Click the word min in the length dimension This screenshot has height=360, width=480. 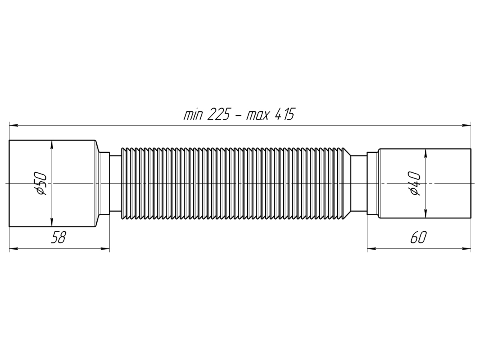[193, 115]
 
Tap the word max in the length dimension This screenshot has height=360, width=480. [257, 116]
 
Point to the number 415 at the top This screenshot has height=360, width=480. [284, 114]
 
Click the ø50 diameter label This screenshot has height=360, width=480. [41, 183]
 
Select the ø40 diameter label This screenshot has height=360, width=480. [415, 184]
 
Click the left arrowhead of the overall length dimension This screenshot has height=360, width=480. [14, 126]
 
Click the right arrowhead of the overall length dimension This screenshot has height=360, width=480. [466, 126]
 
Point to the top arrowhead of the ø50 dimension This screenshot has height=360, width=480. [52, 145]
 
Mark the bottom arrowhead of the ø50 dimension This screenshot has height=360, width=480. [52, 222]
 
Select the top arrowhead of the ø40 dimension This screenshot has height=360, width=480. [426, 154]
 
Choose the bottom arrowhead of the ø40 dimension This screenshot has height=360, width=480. [426, 214]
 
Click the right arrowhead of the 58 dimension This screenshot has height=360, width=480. [105, 248]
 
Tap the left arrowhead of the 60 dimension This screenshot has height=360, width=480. [372, 248]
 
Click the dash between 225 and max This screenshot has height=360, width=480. [238, 117]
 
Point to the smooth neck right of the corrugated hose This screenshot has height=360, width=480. [359, 183]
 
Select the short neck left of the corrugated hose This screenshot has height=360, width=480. [115, 183]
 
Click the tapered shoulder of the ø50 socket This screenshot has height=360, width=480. [98, 183]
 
